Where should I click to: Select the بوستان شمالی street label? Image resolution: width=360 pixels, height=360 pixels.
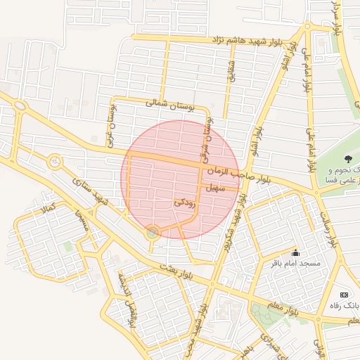(x=169, y=104)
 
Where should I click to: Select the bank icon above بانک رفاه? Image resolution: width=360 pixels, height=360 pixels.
(x=344, y=295)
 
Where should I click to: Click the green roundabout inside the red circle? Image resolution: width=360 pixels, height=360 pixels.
(x=153, y=232)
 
